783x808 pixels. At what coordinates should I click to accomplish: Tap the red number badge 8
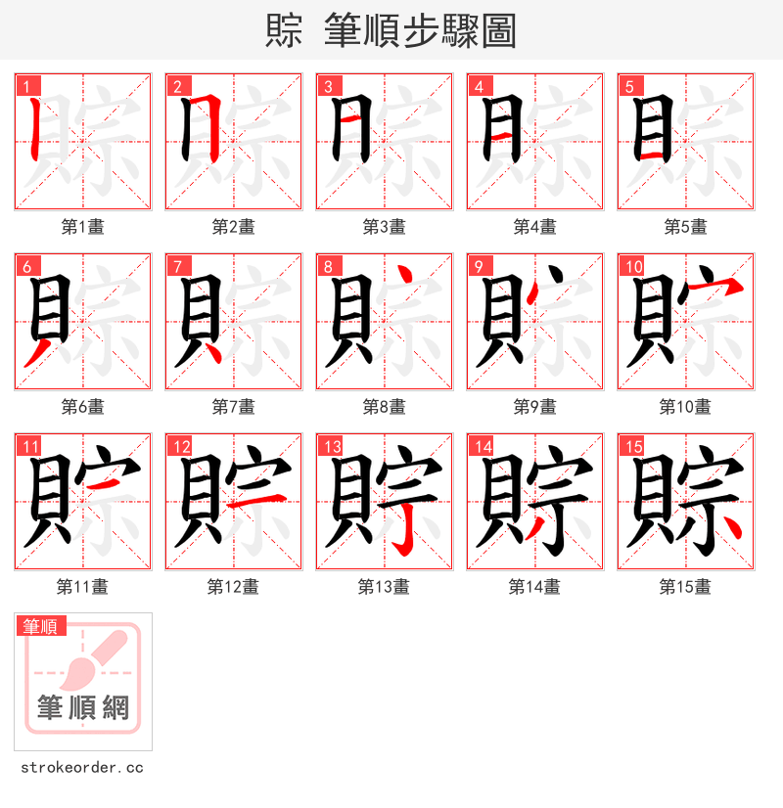328,266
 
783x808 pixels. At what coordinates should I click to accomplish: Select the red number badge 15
631,446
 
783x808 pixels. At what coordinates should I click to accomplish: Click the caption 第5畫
685,227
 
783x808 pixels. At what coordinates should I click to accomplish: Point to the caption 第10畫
685,407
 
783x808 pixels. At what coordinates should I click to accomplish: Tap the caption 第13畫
384,587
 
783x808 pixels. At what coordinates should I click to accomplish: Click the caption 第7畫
233,407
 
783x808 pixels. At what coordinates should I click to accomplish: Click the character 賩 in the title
283,30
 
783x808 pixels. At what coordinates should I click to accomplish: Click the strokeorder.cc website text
82,768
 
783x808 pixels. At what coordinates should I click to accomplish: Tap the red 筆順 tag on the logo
41,626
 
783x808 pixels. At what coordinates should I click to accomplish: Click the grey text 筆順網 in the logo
83,706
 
